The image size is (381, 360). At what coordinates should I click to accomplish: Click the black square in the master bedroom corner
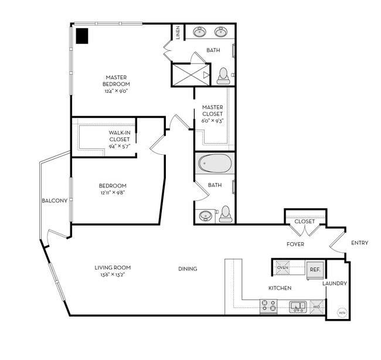[82, 36]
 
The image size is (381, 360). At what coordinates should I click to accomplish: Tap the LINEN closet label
[177, 33]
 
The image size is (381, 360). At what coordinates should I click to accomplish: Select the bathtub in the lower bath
[215, 163]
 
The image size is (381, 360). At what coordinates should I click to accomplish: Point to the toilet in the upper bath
[223, 74]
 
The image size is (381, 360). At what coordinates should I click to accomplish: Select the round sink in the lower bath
[206, 215]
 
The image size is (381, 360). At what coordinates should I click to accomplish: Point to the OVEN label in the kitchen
[283, 268]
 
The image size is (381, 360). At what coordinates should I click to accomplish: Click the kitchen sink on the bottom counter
[297, 305]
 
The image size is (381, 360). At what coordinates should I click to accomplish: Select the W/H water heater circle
[342, 313]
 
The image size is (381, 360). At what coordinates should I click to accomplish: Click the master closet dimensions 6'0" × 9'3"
[211, 120]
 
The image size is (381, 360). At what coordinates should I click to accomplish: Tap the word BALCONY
[55, 201]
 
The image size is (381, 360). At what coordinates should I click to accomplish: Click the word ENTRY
[359, 243]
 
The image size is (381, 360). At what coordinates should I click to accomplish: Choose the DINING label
[188, 269]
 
